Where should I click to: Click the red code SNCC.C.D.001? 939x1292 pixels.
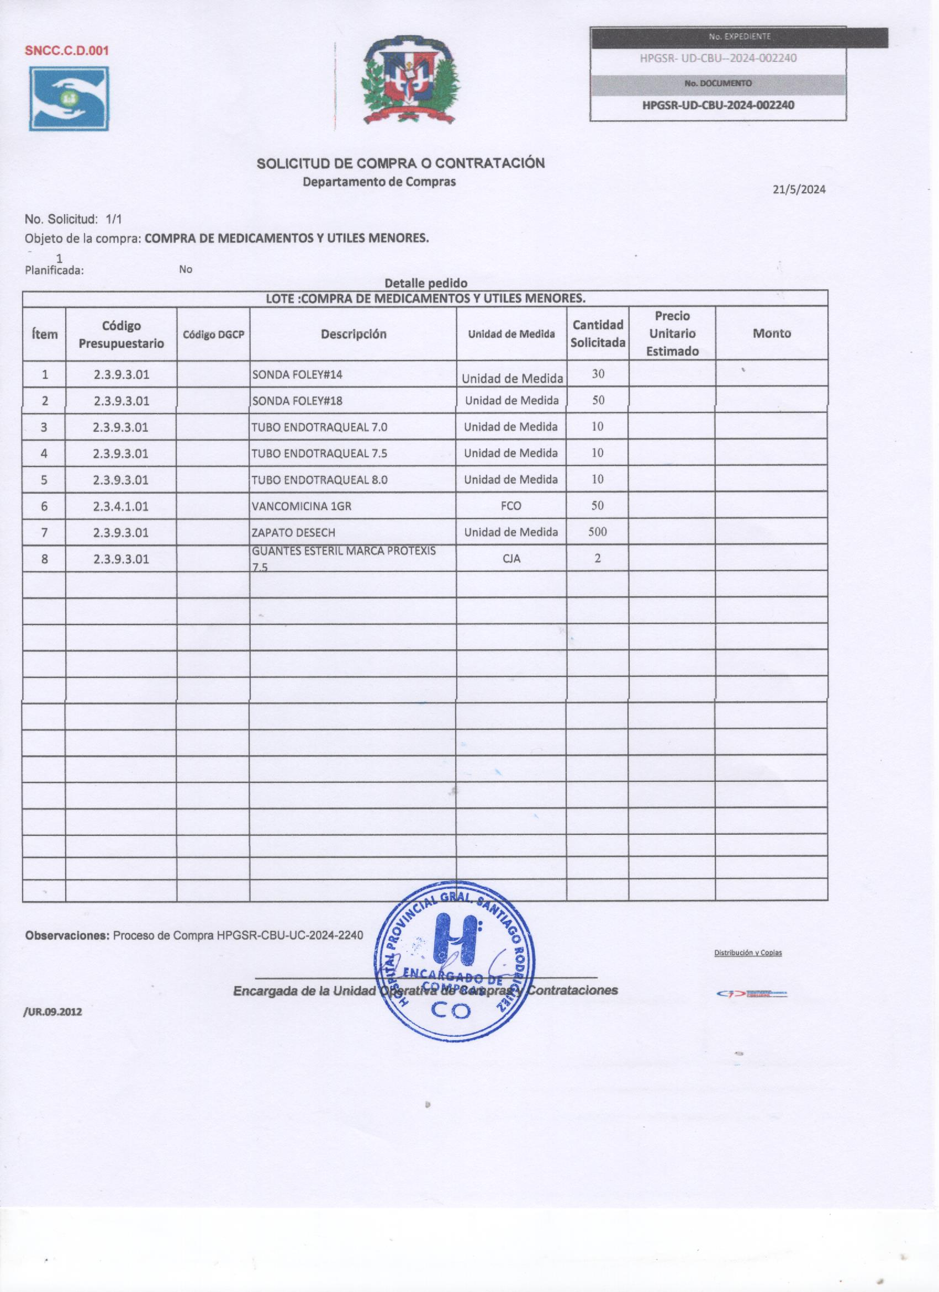click(x=67, y=50)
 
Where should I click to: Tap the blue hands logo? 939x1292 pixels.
click(x=69, y=98)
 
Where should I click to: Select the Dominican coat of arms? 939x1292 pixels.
click(x=410, y=81)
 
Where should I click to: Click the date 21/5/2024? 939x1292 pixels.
click(x=799, y=190)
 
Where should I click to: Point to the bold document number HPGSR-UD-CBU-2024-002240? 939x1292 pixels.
click(x=718, y=105)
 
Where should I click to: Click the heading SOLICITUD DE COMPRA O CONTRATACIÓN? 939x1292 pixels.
click(x=400, y=163)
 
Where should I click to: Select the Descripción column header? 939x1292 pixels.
click(x=354, y=335)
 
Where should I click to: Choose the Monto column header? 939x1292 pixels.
click(x=772, y=333)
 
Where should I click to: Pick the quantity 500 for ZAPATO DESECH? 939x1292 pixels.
click(x=597, y=532)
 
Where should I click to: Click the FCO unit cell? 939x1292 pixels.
click(x=511, y=505)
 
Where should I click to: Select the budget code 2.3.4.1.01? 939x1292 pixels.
click(x=121, y=506)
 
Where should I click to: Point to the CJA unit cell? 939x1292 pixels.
click(x=511, y=558)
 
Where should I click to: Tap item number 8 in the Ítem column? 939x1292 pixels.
click(x=44, y=559)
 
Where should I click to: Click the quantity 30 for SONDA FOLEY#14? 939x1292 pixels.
click(x=598, y=374)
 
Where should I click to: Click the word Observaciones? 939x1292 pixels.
click(x=67, y=935)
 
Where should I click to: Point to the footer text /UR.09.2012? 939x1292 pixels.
click(x=53, y=1012)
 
